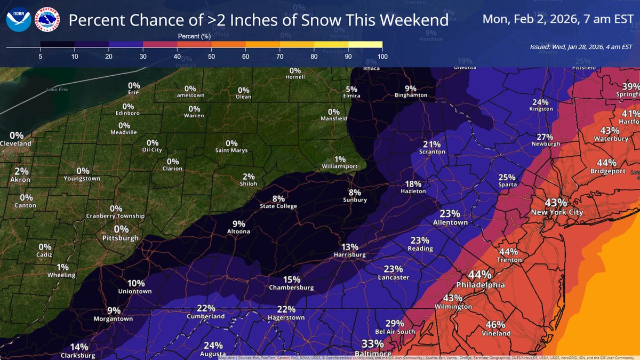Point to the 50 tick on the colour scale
[211, 55]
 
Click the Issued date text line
[581, 47]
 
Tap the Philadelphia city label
[479, 285]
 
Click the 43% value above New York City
[556, 203]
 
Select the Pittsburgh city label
[121, 238]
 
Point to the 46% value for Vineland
[495, 324]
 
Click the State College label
[278, 206]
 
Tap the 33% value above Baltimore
[372, 343]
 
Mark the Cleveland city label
[16, 143]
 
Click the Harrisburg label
[350, 255]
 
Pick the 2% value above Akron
[21, 171]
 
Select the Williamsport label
[340, 167]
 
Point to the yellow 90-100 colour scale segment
[365, 44]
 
